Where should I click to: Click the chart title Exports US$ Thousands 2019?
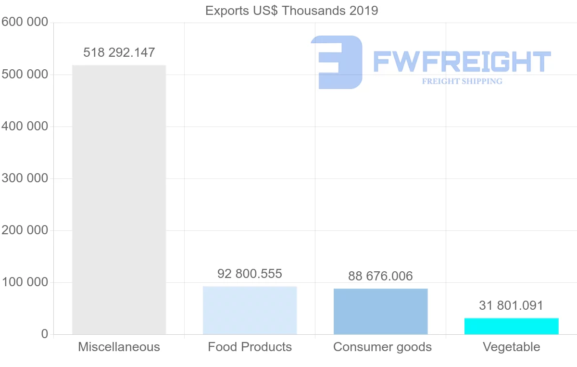pos(291,10)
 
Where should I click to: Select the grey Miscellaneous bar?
pos(119,200)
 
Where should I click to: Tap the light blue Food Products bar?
pos(250,310)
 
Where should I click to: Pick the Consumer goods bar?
pos(380,311)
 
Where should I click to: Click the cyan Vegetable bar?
pos(511,326)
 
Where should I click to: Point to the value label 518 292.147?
pos(119,52)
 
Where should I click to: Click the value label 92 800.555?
pos(250,274)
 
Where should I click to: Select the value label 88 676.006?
pos(380,276)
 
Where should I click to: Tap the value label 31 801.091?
pos(511,305)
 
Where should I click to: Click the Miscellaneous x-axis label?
pos(119,347)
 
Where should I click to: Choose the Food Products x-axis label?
pos(250,347)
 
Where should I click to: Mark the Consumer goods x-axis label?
pos(382,347)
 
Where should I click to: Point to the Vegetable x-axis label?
pos(511,347)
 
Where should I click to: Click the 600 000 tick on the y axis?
pos(25,22)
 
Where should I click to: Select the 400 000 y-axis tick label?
pos(25,127)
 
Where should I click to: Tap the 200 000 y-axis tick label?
pos(25,230)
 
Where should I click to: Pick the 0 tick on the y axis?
pos(45,334)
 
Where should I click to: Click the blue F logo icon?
pos(337,62)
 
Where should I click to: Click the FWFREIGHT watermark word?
pos(462,62)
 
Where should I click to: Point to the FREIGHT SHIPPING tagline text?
pos(462,81)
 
